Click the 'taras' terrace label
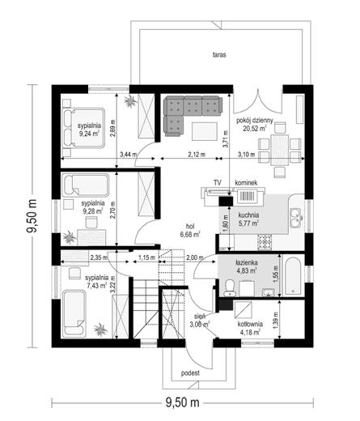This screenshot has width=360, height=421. (219, 55)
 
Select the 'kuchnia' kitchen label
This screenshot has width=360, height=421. (248, 215)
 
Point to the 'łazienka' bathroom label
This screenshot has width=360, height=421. (246, 262)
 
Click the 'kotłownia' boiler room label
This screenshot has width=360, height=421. (250, 325)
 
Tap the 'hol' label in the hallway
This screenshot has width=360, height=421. (190, 227)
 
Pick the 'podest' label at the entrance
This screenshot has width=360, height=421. (190, 373)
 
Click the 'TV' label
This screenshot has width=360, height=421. (218, 183)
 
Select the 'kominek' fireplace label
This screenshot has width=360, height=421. (246, 183)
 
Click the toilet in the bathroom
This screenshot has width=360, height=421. (230, 287)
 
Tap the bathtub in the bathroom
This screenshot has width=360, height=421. (294, 277)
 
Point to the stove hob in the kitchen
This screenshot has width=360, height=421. (265, 242)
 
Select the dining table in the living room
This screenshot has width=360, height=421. (280, 150)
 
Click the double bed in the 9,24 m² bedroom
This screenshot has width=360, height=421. (83, 128)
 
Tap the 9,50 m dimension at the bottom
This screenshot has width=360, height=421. (183, 402)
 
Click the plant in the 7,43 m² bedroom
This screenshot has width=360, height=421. (100, 330)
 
